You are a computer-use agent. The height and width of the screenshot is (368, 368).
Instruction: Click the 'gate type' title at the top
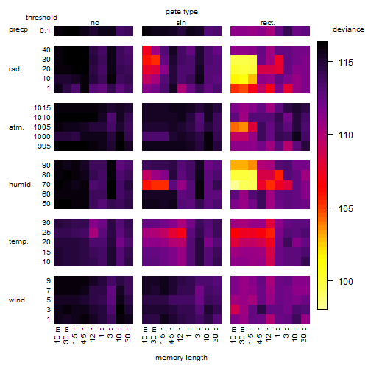[182, 12]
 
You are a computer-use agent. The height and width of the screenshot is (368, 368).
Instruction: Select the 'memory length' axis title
[181, 358]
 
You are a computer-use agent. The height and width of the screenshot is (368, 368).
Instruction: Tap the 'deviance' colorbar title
[348, 29]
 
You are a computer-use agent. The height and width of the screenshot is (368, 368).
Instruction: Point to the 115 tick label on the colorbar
[346, 63]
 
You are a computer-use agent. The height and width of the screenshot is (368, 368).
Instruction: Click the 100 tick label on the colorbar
[346, 281]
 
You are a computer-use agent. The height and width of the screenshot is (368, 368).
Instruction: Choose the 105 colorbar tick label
[346, 209]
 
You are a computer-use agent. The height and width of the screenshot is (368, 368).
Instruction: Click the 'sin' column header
[181, 23]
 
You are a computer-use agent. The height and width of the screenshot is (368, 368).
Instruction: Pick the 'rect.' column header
[267, 23]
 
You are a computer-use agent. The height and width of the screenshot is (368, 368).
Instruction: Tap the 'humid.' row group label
[21, 185]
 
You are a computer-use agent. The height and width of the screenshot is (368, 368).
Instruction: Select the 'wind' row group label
[17, 300]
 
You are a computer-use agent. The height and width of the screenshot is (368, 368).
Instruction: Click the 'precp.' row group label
[19, 29]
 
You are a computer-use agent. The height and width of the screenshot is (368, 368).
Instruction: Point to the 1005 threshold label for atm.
[42, 127]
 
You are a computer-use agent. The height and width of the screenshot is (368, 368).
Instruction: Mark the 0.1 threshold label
[45, 31]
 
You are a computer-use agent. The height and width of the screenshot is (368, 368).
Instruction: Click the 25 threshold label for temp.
[46, 233]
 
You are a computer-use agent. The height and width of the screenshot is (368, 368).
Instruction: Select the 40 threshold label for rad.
[46, 50]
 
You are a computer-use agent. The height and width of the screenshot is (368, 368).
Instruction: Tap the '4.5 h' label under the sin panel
[171, 336]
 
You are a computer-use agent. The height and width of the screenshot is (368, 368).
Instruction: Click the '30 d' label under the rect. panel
[304, 335]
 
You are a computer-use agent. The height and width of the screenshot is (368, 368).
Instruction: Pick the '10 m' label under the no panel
[57, 335]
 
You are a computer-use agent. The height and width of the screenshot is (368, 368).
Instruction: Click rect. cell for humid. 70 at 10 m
[235, 185]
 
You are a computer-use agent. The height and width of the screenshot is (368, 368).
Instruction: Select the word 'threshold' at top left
[41, 18]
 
